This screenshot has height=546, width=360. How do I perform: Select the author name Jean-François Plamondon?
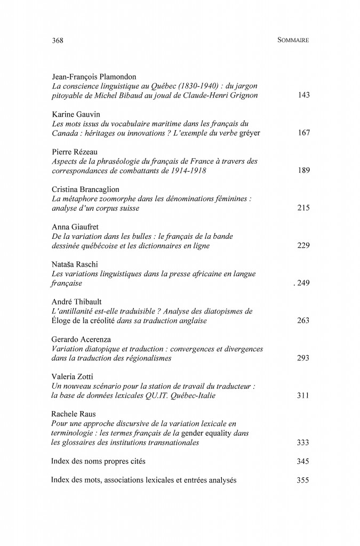(x=93, y=77)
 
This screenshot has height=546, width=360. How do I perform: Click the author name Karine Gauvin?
(x=76, y=114)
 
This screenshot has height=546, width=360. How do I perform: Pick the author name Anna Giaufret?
(x=75, y=227)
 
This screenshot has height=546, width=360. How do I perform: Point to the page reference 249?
(x=302, y=283)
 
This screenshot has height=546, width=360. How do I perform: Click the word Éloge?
(x=62, y=320)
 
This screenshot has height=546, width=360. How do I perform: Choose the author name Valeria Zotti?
(x=72, y=376)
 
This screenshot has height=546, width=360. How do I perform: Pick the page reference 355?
(x=303, y=479)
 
